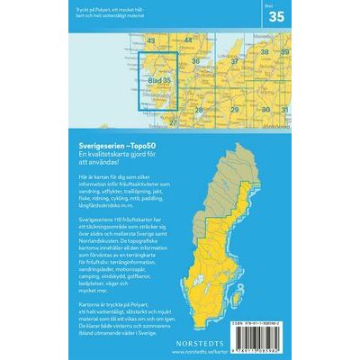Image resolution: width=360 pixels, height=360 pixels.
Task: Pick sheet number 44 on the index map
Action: tap(188, 40)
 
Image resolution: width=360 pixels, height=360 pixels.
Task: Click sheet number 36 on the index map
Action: tap(197, 61)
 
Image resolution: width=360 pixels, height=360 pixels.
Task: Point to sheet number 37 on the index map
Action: tap(235, 61)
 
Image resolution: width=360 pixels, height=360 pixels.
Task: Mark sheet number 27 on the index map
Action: tap(174, 122)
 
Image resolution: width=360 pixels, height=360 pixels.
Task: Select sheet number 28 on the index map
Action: tap(199, 110)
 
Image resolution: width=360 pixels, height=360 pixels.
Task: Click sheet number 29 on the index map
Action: tap(235, 110)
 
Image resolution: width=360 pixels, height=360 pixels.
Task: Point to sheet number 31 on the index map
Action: tap(284, 110)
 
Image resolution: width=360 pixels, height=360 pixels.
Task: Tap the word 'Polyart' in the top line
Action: tap(96, 8)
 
